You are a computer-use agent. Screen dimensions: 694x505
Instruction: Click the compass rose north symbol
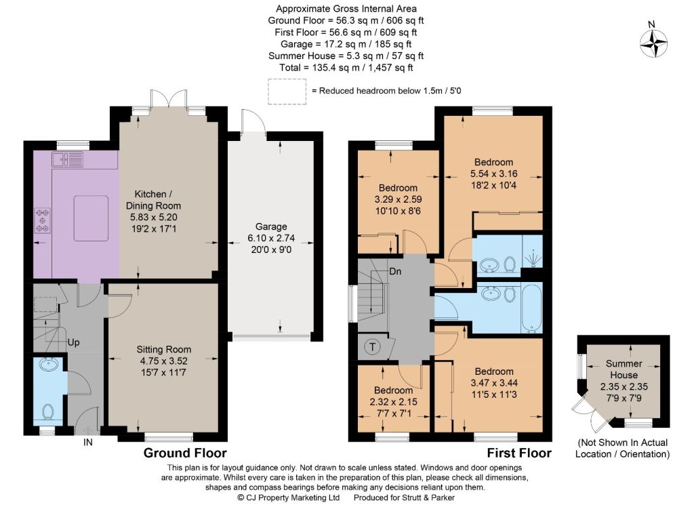tap(653, 43)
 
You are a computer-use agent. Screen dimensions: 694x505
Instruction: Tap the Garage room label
tap(271, 226)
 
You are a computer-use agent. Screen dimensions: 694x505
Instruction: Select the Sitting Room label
tap(164, 349)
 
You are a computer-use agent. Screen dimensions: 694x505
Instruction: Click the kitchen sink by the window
tap(67, 159)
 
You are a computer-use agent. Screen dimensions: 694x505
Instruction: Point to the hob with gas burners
tap(43, 220)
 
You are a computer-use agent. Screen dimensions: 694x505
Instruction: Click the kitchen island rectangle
tap(91, 218)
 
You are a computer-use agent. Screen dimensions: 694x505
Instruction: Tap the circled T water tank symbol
tap(373, 347)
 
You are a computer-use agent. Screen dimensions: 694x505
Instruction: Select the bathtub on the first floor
tap(531, 308)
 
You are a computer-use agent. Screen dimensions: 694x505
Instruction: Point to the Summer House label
tap(624, 369)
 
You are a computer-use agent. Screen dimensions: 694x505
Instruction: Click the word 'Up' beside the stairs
tap(73, 342)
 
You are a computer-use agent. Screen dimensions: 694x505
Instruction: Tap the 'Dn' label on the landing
tap(395, 271)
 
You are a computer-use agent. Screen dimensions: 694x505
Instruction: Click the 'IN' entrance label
tap(88, 442)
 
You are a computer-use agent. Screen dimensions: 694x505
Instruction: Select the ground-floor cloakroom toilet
tap(48, 411)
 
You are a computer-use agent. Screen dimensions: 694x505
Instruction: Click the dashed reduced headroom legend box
tap(287, 92)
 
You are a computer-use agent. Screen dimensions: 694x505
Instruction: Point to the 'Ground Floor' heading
tap(185, 453)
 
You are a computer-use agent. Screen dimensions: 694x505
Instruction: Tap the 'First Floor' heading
tap(519, 453)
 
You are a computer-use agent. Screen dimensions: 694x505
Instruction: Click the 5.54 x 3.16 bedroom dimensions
tap(493, 174)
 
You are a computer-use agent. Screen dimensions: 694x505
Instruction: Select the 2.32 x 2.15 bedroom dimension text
tap(394, 402)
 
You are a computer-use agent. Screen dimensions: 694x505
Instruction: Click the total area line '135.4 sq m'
tap(346, 67)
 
